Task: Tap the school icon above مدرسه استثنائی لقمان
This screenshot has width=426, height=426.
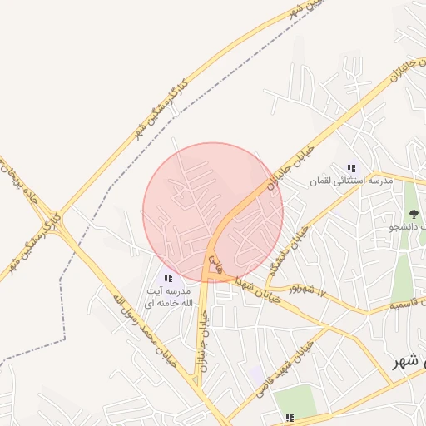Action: coord(351,168)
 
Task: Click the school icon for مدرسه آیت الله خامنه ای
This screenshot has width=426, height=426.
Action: coord(168,279)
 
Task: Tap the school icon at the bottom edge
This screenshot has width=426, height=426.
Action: coord(290,416)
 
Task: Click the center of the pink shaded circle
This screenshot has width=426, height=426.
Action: coord(213,212)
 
